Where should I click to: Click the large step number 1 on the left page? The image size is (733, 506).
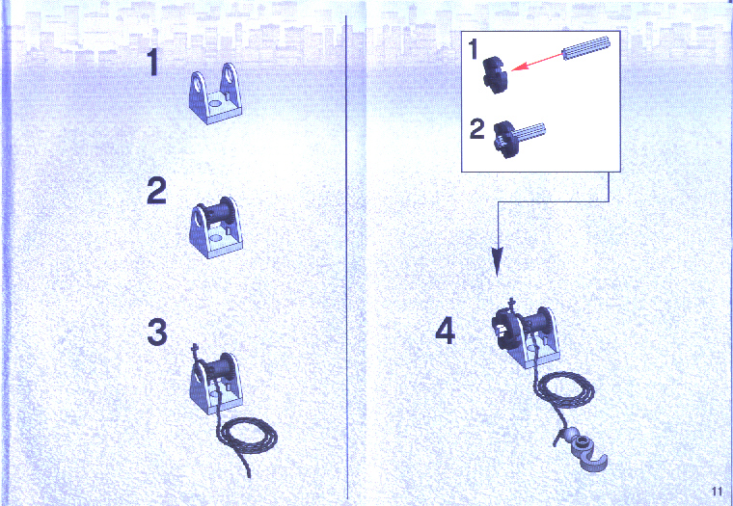153,62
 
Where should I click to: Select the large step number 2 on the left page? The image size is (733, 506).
156,191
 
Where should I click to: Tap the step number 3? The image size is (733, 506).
157,333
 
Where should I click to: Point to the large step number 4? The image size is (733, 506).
445,333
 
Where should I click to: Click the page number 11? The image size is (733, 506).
717,492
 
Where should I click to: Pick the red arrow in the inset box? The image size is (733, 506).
536,63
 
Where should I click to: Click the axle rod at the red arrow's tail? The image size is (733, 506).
586,47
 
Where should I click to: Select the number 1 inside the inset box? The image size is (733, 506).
474,49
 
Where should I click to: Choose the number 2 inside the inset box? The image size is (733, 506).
476,129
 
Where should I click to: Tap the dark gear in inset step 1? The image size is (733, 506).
496,74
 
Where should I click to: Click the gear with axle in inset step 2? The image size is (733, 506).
518,138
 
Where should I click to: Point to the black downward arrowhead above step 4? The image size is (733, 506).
497,261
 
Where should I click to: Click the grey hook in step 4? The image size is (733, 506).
585,452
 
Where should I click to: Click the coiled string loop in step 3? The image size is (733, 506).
248,436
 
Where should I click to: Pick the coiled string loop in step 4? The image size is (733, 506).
564,390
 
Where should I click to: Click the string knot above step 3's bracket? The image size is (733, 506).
196,349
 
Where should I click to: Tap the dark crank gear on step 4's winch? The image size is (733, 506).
505,329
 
